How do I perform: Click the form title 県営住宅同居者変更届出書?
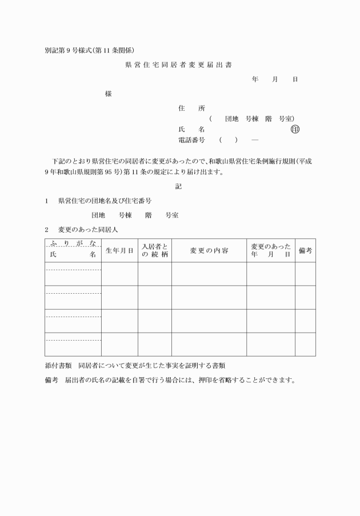pyautogui.click(x=178, y=65)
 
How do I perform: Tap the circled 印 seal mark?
pyautogui.click(x=295, y=129)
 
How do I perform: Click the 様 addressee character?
pyautogui.click(x=109, y=94)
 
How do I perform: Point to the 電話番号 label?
pyautogui.click(x=192, y=140)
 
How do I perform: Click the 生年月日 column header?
pyautogui.click(x=119, y=250)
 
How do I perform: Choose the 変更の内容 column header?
pyautogui.click(x=209, y=250)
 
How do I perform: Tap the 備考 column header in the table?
pyautogui.click(x=305, y=250)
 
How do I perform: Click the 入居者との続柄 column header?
pyautogui.click(x=155, y=250)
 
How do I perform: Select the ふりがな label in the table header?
pyautogui.click(x=73, y=244)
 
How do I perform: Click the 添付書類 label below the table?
pyautogui.click(x=58, y=365)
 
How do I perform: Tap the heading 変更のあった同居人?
pyautogui.click(x=87, y=229)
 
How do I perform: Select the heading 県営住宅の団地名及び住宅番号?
pyautogui.click(x=105, y=201)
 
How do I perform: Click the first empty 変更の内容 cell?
pyautogui.click(x=209, y=274)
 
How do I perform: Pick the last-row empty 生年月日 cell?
pyautogui.click(x=119, y=344)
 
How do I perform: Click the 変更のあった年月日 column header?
pyautogui.click(x=271, y=250)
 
